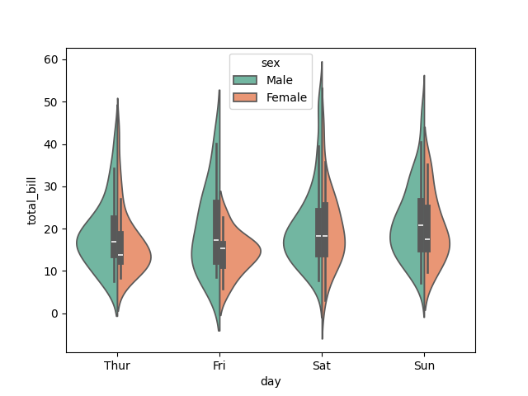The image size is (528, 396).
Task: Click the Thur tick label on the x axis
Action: coord(117,365)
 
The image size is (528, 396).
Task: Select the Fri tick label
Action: coord(219,365)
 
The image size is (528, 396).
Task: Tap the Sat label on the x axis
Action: coord(322,365)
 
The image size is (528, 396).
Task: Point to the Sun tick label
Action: coord(424,365)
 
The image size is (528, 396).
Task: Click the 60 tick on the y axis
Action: coord(51,59)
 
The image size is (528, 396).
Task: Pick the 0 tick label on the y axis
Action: coord(54,313)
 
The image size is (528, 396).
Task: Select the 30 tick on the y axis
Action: coord(51,186)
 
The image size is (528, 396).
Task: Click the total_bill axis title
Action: coord(33,200)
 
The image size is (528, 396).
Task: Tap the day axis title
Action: coord(271,381)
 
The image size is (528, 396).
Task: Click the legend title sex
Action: coord(271,63)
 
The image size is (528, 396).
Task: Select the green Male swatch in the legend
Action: coord(246,80)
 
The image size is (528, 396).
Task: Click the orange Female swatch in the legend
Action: coord(246,97)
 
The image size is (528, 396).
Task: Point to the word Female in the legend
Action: coord(286,97)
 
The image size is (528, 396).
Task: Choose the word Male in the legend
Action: coord(279,80)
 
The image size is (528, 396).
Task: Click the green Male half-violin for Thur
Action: coord(95,243)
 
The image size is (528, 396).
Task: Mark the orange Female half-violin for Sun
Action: coord(438,239)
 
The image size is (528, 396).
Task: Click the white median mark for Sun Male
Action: coord(421,225)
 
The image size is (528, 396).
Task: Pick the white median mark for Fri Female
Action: coord(223,248)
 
